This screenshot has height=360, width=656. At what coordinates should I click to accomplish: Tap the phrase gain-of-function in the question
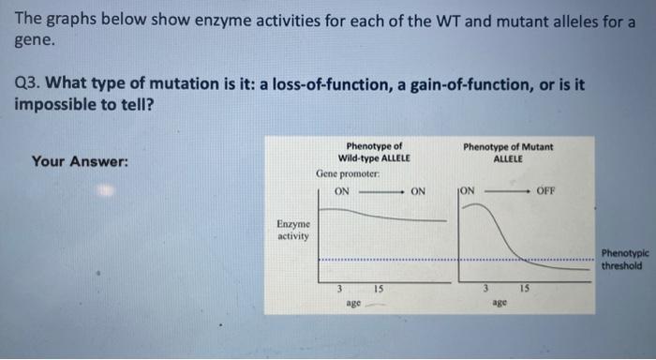click(446, 84)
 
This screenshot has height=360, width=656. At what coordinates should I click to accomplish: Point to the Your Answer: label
click(80, 161)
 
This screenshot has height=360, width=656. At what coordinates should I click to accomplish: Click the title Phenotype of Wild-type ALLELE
click(374, 152)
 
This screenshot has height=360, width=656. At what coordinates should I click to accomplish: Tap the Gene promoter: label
click(348, 174)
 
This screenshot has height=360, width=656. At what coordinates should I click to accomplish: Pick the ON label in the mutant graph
click(468, 190)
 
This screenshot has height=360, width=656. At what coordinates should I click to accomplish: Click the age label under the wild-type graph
click(353, 303)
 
